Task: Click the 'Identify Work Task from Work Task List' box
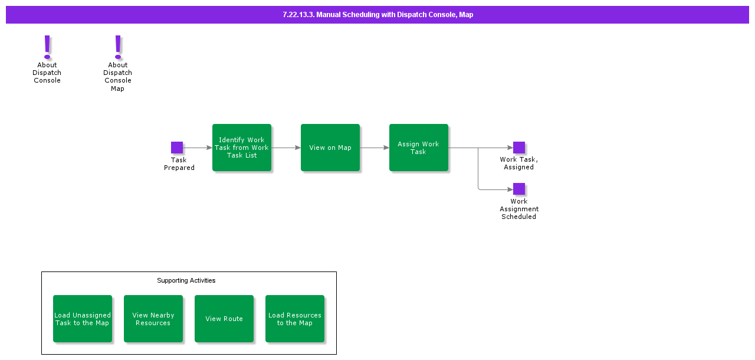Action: tap(242, 148)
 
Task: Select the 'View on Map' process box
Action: tap(330, 148)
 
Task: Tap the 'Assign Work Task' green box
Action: tap(419, 148)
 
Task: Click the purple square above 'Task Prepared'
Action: tap(177, 148)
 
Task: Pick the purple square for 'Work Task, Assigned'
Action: tap(519, 148)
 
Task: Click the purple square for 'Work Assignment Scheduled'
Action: tap(519, 189)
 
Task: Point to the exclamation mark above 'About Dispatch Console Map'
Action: tap(118, 47)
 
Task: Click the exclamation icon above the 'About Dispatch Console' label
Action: tap(47, 47)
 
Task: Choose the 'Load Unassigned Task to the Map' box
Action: tap(83, 319)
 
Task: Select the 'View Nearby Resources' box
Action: tap(153, 319)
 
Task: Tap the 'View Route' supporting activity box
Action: tap(224, 319)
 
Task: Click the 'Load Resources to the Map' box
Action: tap(295, 319)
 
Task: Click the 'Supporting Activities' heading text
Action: tap(186, 280)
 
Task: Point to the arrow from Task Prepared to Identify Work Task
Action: tap(198, 148)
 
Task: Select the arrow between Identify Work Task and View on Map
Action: tap(286, 148)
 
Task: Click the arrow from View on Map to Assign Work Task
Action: tap(375, 148)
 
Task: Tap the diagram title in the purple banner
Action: tap(377, 15)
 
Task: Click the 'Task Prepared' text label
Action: tap(179, 163)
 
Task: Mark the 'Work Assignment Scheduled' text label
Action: tap(519, 209)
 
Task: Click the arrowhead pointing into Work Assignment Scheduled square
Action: tap(510, 189)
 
